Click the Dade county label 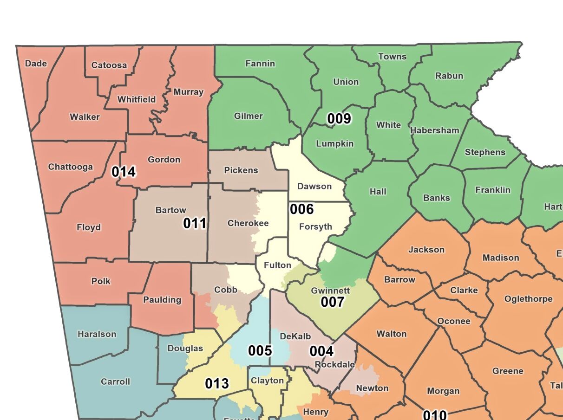click(x=36, y=64)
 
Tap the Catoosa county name click(x=109, y=65)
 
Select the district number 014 click(x=124, y=172)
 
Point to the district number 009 click(x=339, y=119)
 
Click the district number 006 click(x=302, y=209)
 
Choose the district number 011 click(x=195, y=223)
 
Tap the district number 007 click(x=333, y=302)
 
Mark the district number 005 click(x=260, y=350)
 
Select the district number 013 click(x=217, y=384)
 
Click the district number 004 click(x=322, y=351)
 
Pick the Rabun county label click(x=449, y=76)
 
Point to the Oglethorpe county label click(x=529, y=299)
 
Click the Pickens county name click(x=241, y=170)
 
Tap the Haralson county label click(x=97, y=334)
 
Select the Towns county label click(x=392, y=57)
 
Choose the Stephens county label click(x=485, y=152)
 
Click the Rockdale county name click(x=335, y=365)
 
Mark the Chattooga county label click(x=71, y=167)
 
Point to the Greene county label click(x=508, y=371)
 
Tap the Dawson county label click(x=314, y=187)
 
